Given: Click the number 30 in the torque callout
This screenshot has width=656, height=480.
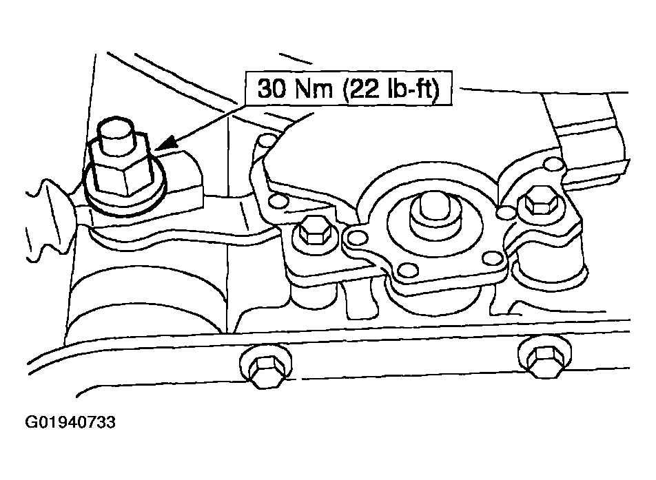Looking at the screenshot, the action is coord(271,89).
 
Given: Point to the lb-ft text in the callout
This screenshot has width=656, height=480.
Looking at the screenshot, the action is coord(411,89).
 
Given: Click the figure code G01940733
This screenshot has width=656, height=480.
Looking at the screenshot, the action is coord(70,422).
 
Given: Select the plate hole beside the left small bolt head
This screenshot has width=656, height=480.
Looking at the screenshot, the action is coord(356,238).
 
